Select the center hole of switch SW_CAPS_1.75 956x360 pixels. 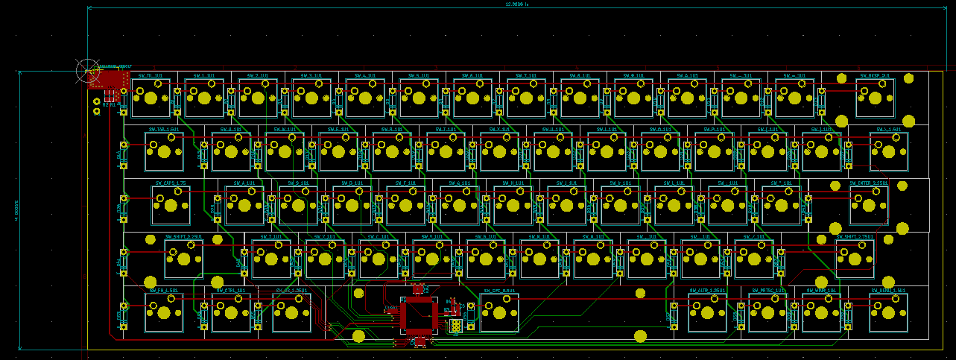click(x=171, y=205)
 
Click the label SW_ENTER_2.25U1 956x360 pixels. click(x=868, y=183)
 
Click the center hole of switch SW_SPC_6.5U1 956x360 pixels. click(x=499, y=312)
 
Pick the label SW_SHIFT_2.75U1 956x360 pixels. click(x=855, y=237)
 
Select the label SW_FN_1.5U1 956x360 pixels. click(x=163, y=290)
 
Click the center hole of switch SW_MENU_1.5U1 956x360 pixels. click(x=888, y=312)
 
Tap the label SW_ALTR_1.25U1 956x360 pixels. click(x=707, y=290)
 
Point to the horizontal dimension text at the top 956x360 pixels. click(x=516, y=4)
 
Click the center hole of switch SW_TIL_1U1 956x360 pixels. click(x=151, y=98)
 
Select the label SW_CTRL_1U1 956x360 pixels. click(x=230, y=290)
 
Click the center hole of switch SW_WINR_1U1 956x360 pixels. click(x=821, y=312)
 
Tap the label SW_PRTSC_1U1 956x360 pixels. click(x=767, y=290)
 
